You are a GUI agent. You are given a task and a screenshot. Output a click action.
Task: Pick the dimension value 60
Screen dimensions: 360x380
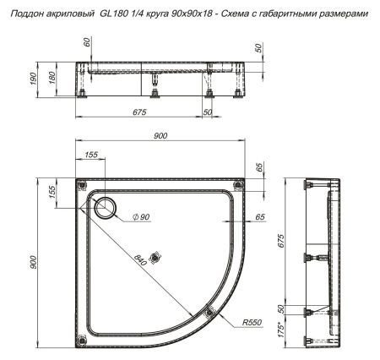(86, 41)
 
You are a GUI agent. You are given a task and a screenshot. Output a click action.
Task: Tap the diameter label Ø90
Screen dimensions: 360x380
(140, 218)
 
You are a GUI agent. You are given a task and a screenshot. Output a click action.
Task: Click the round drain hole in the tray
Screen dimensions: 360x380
(107, 207)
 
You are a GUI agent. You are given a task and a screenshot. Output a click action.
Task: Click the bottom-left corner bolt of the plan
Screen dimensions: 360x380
(80, 341)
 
